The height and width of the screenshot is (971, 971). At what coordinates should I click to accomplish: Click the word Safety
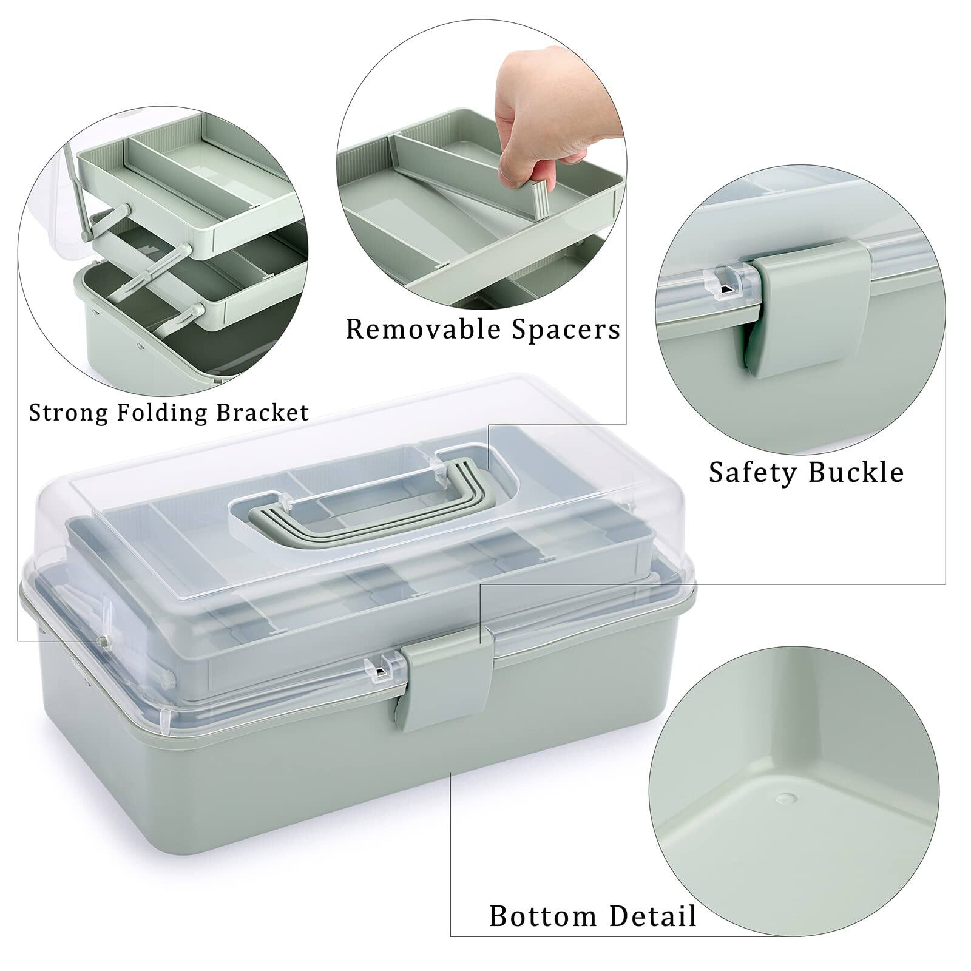[x=753, y=472]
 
